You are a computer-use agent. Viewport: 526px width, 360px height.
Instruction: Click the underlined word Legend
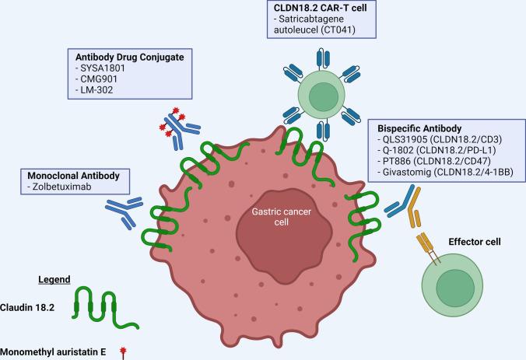click(x=55, y=279)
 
